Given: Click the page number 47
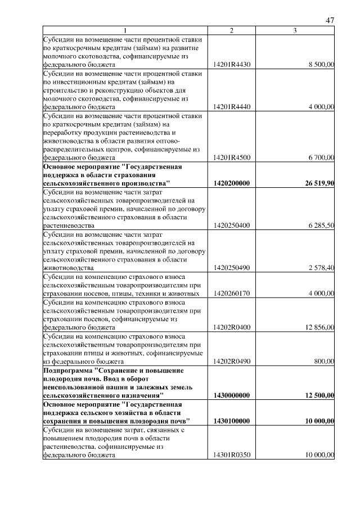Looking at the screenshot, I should pos(330,21).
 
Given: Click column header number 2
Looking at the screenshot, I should pos(232,30).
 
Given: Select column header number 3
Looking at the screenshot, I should pos(295,30).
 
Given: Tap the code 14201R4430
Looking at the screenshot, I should pos(232,65).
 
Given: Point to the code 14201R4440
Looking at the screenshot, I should pos(232,106).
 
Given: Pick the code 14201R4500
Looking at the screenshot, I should pos(232,158).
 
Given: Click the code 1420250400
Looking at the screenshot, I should pos(232,226).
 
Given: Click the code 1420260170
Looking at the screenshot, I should pos(232,293).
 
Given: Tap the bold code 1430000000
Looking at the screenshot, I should pos(232,395).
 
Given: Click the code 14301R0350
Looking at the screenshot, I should pos(232,456).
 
